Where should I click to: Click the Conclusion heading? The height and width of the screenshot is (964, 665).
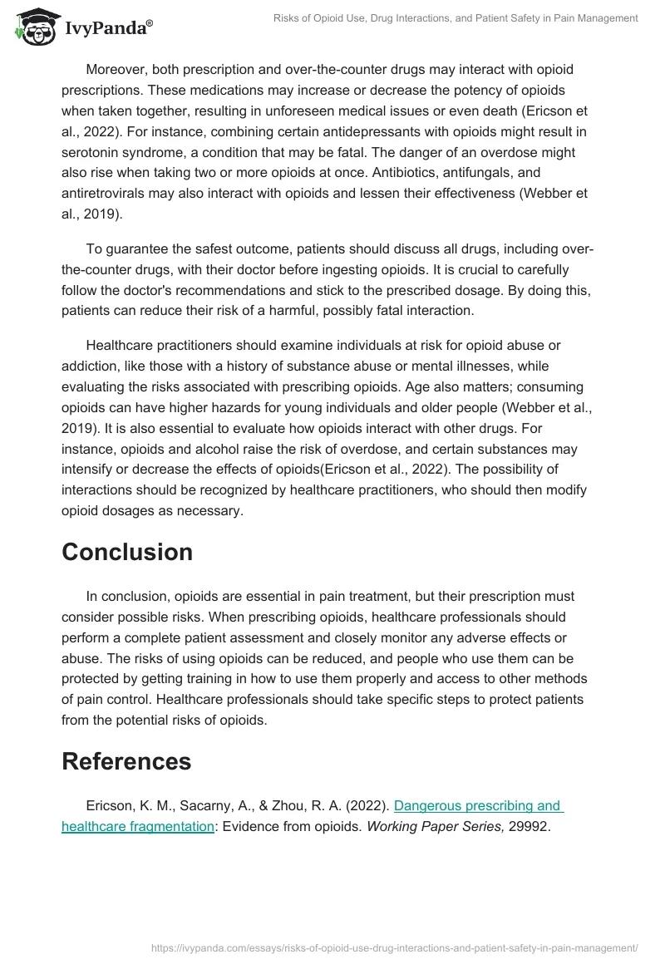click(x=127, y=552)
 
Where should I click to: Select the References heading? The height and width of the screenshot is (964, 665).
click(x=126, y=760)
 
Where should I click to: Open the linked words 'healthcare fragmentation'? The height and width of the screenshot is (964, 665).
click(x=138, y=826)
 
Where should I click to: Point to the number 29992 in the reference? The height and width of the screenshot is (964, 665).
click(x=528, y=826)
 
